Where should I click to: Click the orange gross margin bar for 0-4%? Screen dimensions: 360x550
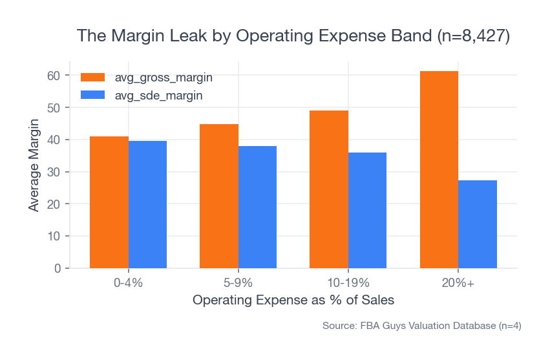[109, 202]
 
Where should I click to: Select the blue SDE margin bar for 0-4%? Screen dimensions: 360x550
[147, 204]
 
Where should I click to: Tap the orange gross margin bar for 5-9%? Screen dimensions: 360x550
[219, 196]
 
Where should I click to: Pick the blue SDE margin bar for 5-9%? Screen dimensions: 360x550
[257, 207]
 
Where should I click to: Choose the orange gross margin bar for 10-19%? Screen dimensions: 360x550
[329, 189]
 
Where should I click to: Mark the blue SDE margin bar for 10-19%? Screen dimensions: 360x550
[367, 210]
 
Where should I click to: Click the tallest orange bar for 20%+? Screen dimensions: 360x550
[439, 169]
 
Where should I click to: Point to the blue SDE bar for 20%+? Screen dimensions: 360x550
[478, 224]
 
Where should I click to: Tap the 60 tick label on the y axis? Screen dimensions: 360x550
[54, 76]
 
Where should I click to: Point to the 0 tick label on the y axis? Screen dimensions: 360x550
[58, 268]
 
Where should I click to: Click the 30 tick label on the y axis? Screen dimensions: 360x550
[54, 172]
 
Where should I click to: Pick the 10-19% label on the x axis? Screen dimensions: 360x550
[348, 283]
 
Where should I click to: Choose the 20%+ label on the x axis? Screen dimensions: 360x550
[458, 283]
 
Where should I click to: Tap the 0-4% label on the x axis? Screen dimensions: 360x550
[128, 283]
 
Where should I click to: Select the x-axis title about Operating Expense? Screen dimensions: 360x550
[293, 301]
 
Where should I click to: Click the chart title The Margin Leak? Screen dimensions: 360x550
[293, 36]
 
